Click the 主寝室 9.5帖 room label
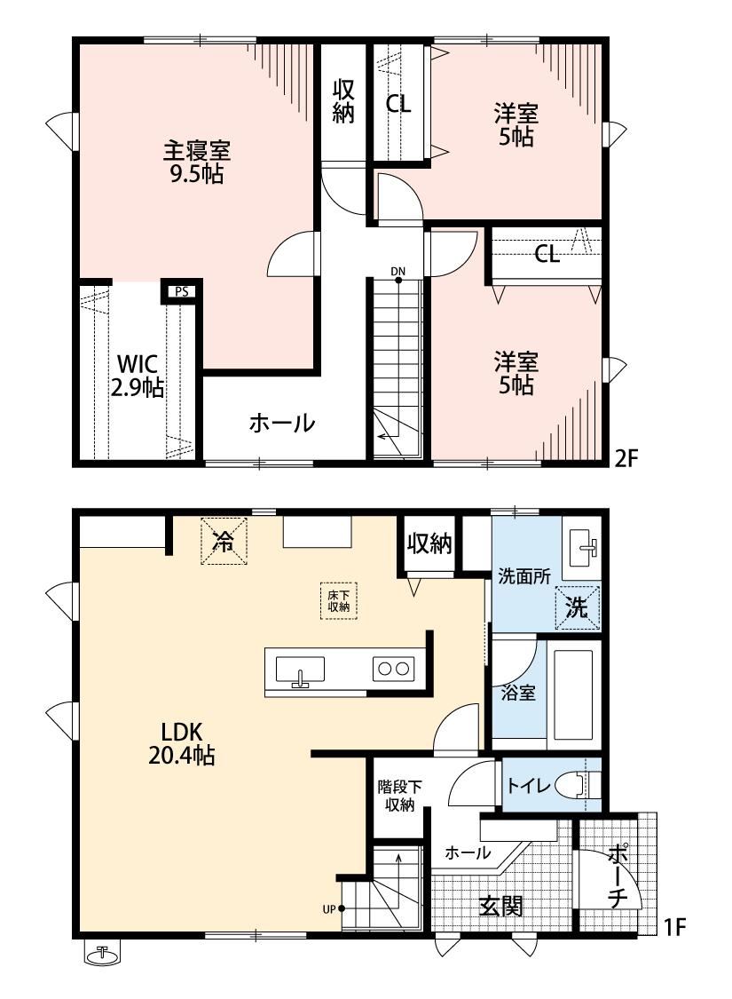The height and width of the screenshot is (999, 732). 197,162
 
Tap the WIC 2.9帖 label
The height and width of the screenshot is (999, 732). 138,376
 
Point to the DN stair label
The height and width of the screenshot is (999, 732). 397,272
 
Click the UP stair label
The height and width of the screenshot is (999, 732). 328,909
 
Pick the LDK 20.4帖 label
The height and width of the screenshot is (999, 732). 181,743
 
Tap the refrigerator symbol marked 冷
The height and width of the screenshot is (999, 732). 224,541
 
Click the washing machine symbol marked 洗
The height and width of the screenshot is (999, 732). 578,607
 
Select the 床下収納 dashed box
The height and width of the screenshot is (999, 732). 339,601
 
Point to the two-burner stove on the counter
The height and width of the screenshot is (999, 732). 393,669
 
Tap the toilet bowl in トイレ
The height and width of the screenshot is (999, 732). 578,785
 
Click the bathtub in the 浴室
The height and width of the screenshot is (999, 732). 573,694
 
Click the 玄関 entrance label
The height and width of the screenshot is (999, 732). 501,906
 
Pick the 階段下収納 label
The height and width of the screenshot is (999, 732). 399,796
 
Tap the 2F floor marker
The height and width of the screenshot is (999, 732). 626,458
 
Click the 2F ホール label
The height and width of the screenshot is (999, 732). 282,423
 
